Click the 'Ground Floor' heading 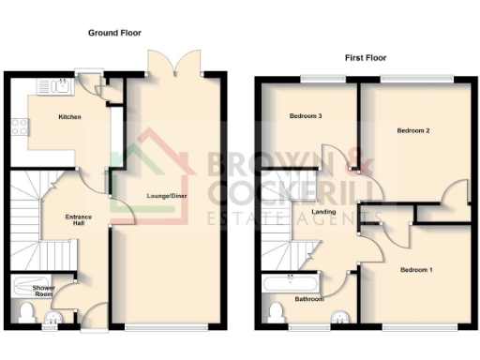114,33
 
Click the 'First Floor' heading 366,57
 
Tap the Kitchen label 69,117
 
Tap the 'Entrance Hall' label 75,221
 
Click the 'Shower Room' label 43,290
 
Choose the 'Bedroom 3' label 306,116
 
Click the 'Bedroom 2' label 413,130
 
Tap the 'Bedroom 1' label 417,270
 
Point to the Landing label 324,212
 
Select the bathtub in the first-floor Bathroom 292,282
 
